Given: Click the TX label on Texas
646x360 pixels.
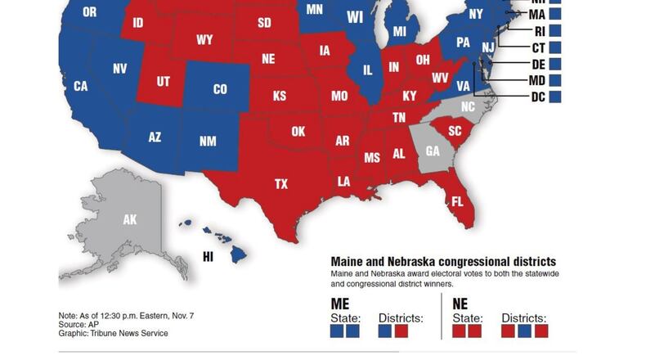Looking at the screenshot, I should pos(280,184).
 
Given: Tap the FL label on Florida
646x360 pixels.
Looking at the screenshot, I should pos(457,201).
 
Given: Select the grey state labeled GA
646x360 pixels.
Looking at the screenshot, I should pos(433,151).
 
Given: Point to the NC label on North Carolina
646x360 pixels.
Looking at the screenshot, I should pos(467,107).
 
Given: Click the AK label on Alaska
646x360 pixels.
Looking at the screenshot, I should pos(130,220).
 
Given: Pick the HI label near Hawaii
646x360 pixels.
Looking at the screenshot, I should pos(208,257).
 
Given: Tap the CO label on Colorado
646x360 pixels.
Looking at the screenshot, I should pos(220,89).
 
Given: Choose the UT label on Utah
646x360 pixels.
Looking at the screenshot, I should pos(164,82).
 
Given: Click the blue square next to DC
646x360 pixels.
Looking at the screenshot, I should pos(555,97).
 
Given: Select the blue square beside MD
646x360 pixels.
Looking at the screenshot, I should pos(555,81).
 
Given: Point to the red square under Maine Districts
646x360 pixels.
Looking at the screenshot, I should pos(402,331).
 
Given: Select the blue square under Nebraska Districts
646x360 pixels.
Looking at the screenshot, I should pos(524,331).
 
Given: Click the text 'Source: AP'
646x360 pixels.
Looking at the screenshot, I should pos(80,324).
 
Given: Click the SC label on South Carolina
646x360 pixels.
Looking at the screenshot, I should pos(455,132).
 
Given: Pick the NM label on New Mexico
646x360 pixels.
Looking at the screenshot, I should pos(208,142).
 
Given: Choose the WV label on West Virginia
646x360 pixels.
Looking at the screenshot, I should pos(440,79).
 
